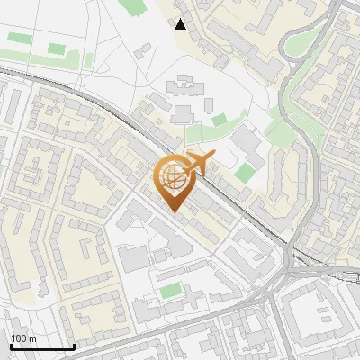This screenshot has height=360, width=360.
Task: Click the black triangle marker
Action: pyautogui.click(x=181, y=24)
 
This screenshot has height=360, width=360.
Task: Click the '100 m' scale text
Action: pyautogui.click(x=23, y=338)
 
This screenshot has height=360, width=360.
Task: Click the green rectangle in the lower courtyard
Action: pyautogui.click(x=170, y=291)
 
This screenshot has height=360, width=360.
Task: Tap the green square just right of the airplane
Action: pyautogui.click(x=245, y=172)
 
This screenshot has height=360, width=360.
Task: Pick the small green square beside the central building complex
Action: pyautogui.click(x=220, y=120)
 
